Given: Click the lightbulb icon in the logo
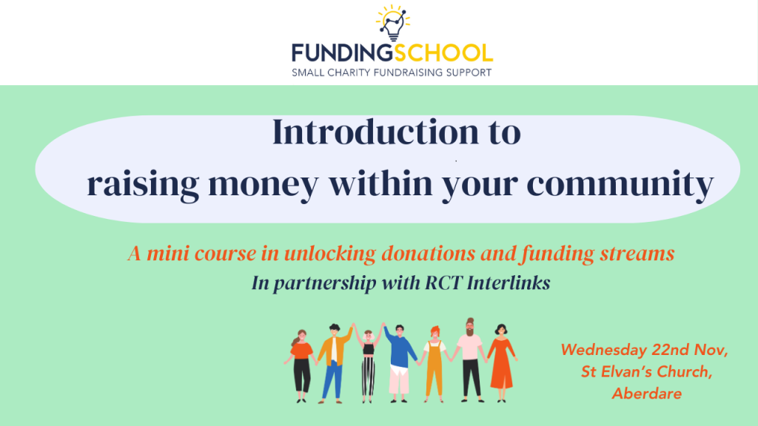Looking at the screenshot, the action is tap(393, 23).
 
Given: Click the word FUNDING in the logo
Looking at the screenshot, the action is tap(342, 53).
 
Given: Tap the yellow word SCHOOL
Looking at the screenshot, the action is tap(443, 53).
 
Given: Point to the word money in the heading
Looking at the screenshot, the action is tap(264, 184).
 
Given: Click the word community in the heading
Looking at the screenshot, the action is tap(620, 184).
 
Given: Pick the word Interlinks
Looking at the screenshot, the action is tap(509, 283).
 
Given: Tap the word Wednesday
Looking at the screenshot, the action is tap(604, 350).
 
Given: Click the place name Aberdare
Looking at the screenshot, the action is tap(647, 393).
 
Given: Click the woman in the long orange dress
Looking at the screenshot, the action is tap(502, 363).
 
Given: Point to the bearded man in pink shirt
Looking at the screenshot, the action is tap(470, 360).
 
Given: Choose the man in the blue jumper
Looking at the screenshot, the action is tap(400, 363).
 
